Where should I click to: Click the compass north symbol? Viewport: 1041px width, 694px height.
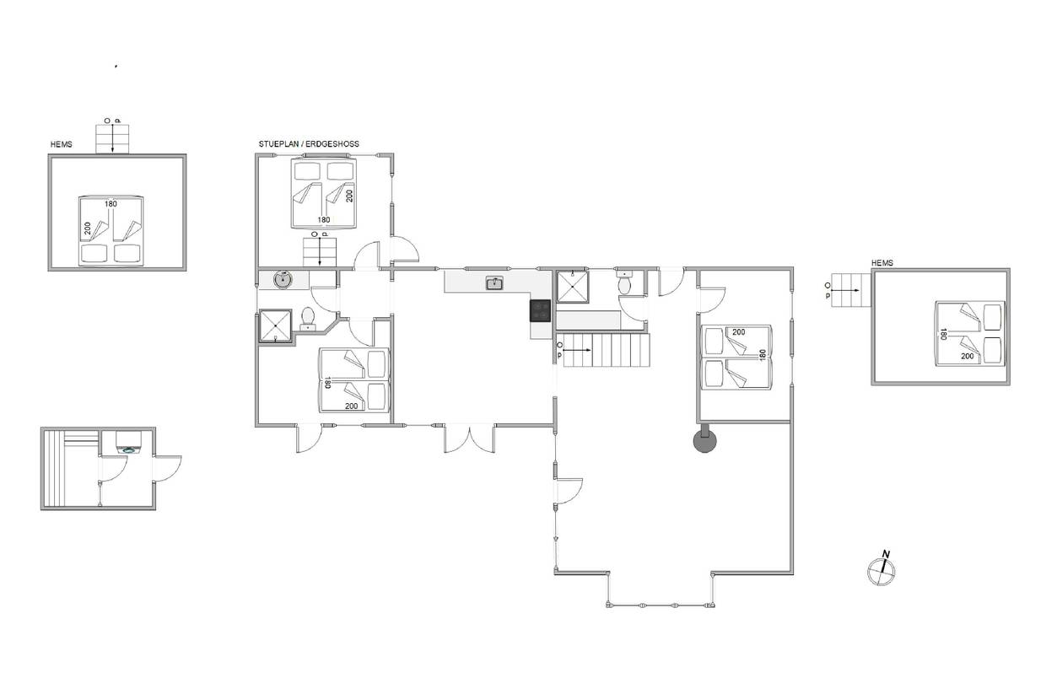[x=881, y=569]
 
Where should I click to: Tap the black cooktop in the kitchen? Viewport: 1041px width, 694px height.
[x=540, y=311]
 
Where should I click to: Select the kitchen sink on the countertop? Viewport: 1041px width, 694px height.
[x=494, y=282]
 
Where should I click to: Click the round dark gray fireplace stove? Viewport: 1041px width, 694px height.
[x=705, y=440]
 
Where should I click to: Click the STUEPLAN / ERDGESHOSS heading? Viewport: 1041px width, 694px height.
[x=309, y=144]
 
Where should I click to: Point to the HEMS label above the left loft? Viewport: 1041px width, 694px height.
[x=62, y=144]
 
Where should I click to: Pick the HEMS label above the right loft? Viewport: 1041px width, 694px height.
[x=882, y=263]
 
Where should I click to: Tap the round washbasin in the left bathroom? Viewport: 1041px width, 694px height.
[x=283, y=280]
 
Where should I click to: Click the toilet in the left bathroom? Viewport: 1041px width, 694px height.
[x=308, y=319]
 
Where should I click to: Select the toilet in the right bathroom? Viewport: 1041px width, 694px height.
[x=624, y=282]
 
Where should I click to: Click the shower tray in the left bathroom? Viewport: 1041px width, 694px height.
[x=275, y=325]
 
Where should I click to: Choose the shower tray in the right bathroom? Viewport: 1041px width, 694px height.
[x=573, y=287]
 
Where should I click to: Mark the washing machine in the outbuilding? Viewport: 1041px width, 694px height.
[x=129, y=444]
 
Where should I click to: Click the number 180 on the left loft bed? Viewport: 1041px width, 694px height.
[x=111, y=203]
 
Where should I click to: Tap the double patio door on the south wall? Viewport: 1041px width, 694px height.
[x=469, y=438]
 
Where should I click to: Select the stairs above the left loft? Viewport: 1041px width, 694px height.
[x=112, y=138]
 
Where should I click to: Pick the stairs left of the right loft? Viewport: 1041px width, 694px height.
[x=850, y=290]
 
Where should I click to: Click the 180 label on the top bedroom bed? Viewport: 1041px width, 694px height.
[x=324, y=220]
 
